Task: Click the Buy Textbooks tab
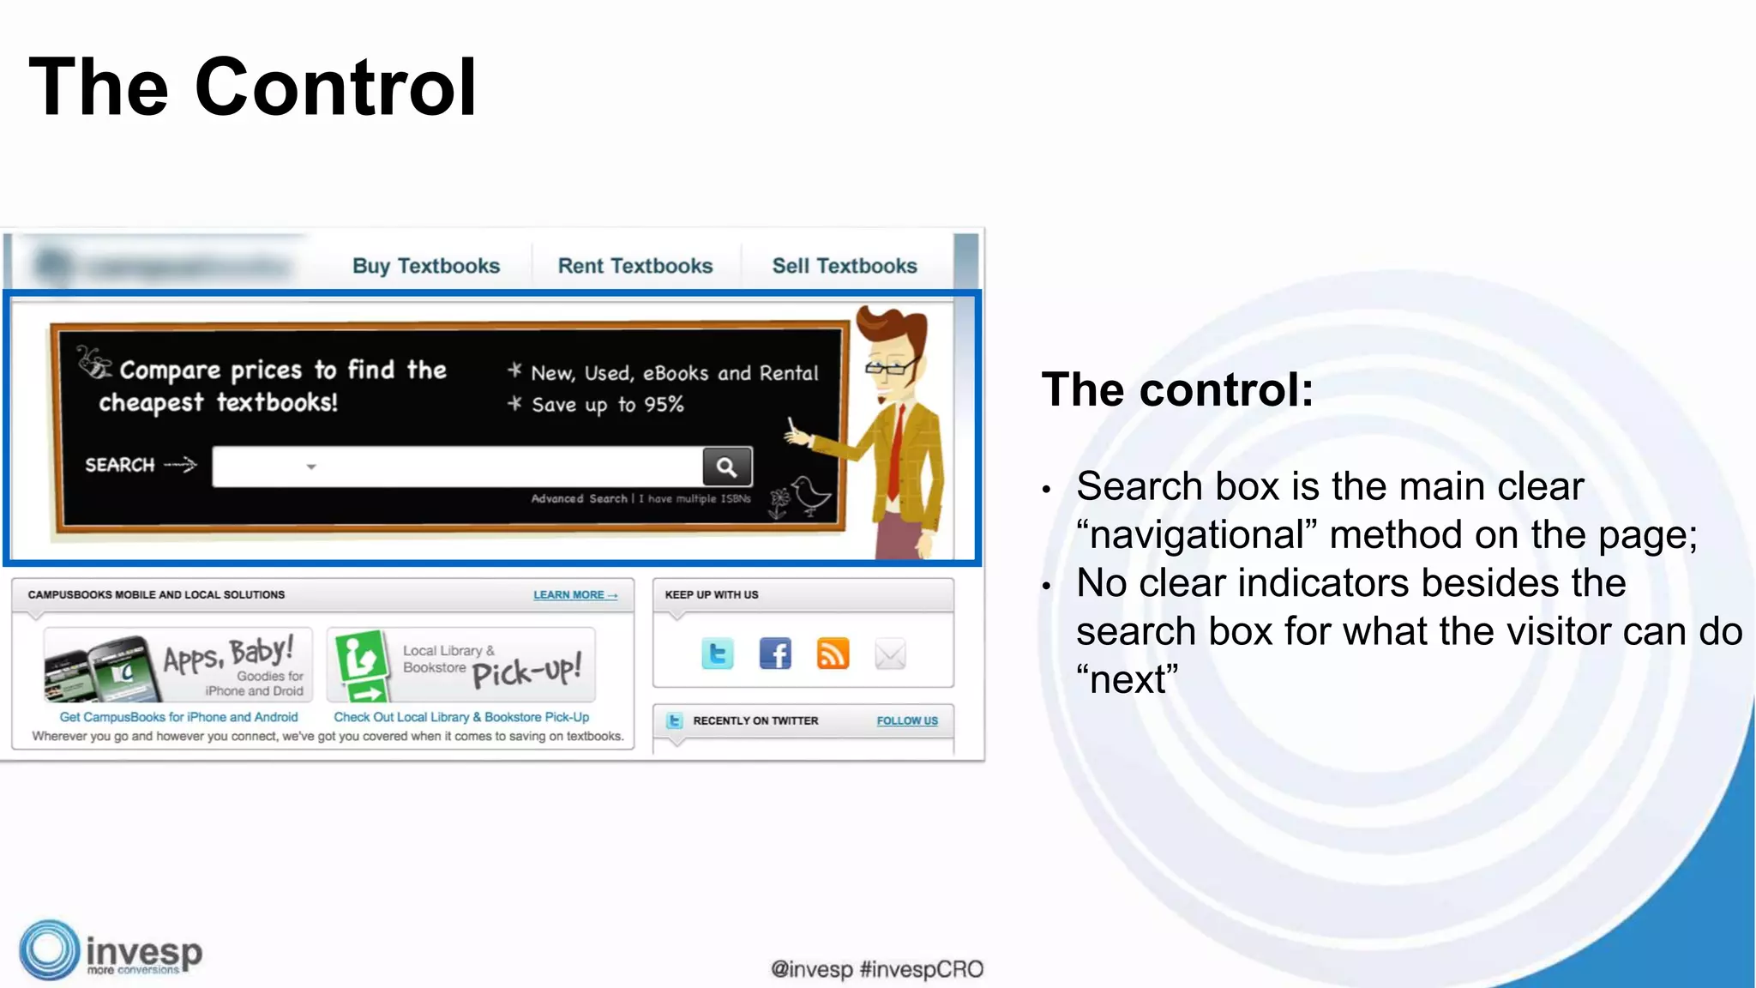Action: (x=425, y=266)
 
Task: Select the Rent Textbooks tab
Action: (x=634, y=266)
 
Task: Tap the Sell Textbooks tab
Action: (x=844, y=266)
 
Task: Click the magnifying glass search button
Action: (x=727, y=467)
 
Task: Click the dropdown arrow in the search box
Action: (x=311, y=467)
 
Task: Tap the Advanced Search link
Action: (x=580, y=498)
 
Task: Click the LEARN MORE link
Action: (x=574, y=594)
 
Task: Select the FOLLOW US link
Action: (x=906, y=720)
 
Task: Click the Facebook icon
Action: (x=775, y=654)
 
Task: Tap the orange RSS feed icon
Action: (x=833, y=654)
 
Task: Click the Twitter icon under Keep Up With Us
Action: (x=717, y=654)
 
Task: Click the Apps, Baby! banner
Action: (x=178, y=665)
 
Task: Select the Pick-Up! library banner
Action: (x=461, y=665)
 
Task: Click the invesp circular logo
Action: (x=49, y=950)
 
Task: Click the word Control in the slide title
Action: (x=335, y=87)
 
